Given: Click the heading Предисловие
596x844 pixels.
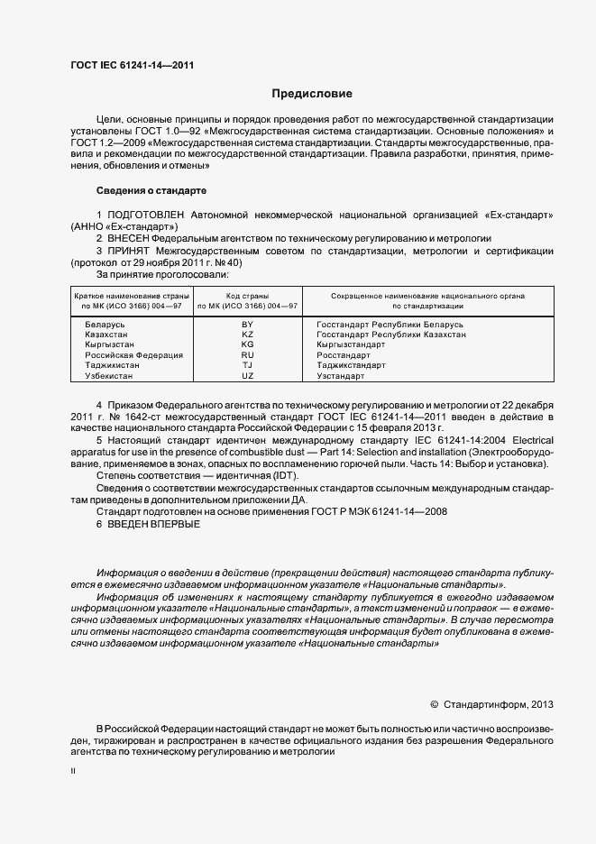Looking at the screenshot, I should point(312,94).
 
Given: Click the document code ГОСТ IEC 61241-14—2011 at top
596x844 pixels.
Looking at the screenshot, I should point(132,66).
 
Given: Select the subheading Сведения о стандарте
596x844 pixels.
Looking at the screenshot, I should point(151,190).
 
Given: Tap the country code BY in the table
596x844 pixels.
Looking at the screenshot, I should point(247,323).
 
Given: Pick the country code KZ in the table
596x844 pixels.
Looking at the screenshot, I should point(247,334).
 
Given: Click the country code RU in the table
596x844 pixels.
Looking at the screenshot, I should point(247,355).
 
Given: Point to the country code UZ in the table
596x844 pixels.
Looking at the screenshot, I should point(247,376).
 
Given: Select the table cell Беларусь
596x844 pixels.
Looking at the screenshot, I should point(105,323).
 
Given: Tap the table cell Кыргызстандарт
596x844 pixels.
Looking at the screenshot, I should point(351,344).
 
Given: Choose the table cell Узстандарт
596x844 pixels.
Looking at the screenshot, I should point(341,376).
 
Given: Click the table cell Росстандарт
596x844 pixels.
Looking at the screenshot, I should point(344,355).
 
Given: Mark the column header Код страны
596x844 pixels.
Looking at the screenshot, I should point(247,296).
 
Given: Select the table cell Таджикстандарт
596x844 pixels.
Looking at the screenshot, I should point(351,365).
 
